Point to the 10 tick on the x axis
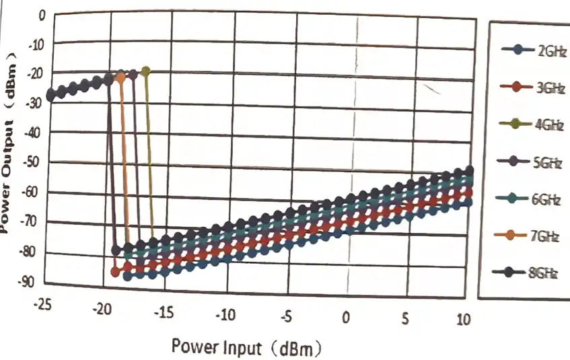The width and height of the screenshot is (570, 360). coord(464,318)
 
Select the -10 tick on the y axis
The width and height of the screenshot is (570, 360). coord(36,45)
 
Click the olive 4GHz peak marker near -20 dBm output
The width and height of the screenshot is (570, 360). coord(146,71)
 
